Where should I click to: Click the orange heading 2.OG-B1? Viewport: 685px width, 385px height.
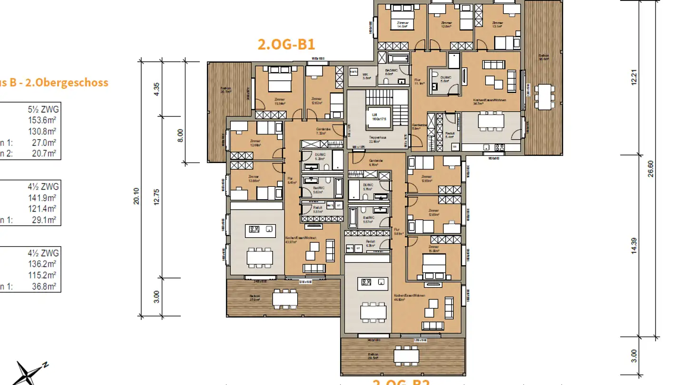[x=286, y=45]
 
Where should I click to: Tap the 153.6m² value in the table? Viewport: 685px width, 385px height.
[x=42, y=120]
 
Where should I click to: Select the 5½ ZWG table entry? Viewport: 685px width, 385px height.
[x=43, y=110]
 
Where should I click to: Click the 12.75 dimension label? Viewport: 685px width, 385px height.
[x=157, y=196]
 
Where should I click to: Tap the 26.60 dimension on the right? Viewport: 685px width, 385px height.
[x=651, y=169]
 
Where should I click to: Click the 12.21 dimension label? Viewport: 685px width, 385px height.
[x=634, y=77]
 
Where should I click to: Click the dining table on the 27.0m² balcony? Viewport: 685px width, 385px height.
[x=285, y=298]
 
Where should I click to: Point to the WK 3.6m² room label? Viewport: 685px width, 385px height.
[x=366, y=76]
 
